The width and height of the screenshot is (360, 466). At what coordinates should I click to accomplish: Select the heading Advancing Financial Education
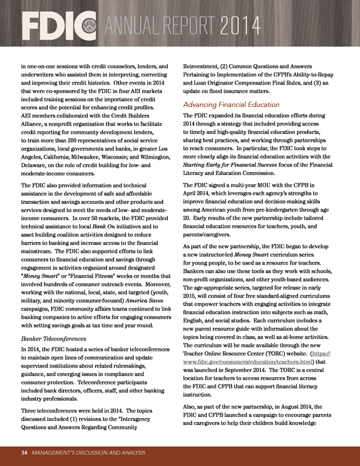coord(231,104)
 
